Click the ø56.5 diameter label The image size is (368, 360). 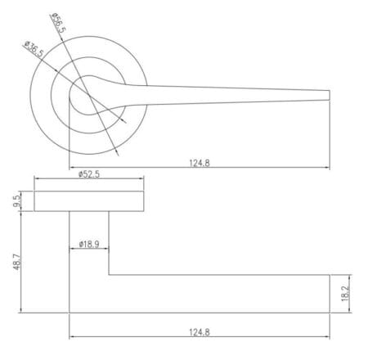pyautogui.click(x=58, y=23)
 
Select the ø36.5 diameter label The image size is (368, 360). pyautogui.click(x=34, y=49)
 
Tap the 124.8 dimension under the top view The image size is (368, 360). pyautogui.click(x=200, y=163)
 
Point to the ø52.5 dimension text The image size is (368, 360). pyautogui.click(x=89, y=174)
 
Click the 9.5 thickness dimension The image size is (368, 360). pyautogui.click(x=16, y=201)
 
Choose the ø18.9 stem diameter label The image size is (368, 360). pyautogui.click(x=89, y=244)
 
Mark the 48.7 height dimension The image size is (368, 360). pyautogui.click(x=16, y=262)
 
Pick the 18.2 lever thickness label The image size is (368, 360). pyautogui.click(x=345, y=294)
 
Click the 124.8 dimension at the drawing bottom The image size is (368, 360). pyautogui.click(x=200, y=332)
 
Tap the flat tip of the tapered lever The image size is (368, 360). pyautogui.click(x=330, y=95)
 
